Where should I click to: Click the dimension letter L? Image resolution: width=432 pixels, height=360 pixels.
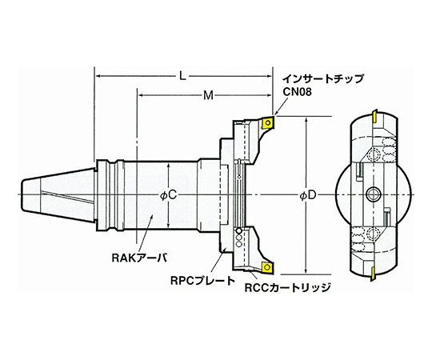coord(184,76)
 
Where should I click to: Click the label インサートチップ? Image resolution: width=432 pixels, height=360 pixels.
coord(322,79)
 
